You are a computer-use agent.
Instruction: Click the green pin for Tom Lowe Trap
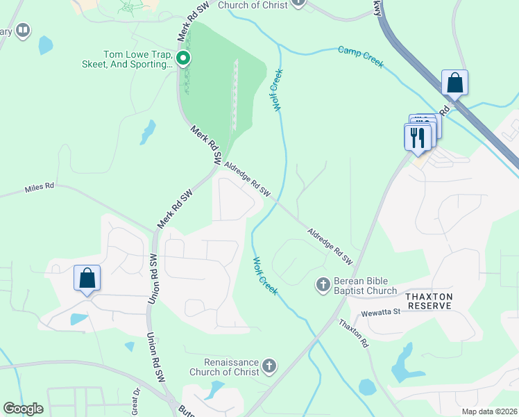(183, 59)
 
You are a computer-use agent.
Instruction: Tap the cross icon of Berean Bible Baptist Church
(322, 284)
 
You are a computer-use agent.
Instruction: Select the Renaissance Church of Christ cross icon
(270, 365)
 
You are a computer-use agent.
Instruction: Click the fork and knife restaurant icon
(417, 136)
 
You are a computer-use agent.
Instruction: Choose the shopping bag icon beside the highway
(454, 83)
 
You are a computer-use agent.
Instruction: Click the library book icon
(23, 31)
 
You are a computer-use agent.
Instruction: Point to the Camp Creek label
(360, 57)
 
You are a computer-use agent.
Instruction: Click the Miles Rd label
(39, 188)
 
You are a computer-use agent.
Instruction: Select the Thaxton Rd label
(353, 334)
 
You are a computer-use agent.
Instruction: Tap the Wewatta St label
(376, 312)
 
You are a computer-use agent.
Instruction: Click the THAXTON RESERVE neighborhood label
(429, 301)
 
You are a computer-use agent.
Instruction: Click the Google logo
(23, 409)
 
